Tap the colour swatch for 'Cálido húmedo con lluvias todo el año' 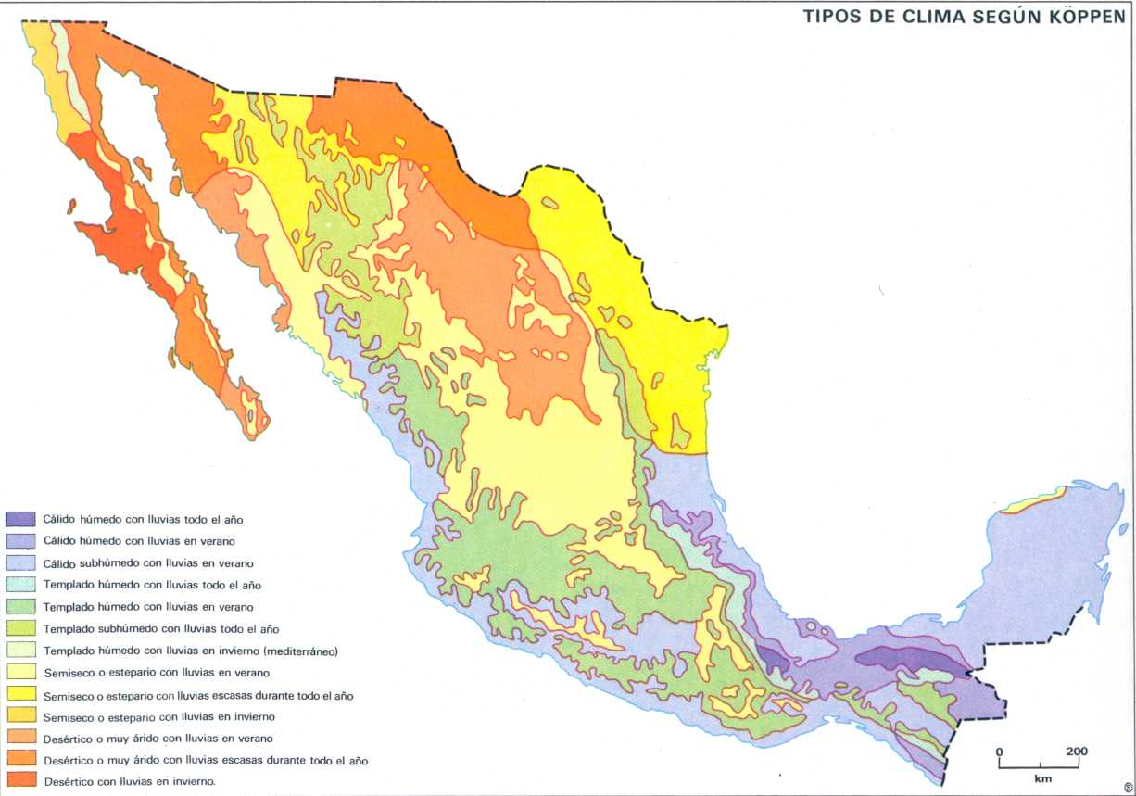(21, 519)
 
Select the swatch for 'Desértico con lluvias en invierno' (21, 781)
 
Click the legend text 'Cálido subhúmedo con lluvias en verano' (149, 562)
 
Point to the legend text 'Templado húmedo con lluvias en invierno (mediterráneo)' (191, 651)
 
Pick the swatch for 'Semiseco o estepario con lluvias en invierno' (21, 716)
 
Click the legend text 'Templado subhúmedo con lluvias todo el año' (161, 628)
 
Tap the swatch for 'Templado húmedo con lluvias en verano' (21, 607)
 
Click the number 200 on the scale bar (1076, 751)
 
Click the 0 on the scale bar (1000, 751)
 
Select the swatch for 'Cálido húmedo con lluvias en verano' (21, 541)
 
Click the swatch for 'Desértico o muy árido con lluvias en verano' (21, 738)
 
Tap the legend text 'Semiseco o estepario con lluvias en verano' (157, 672)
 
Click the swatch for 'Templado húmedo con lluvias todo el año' (21, 585)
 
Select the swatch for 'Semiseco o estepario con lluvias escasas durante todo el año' (21, 694)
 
